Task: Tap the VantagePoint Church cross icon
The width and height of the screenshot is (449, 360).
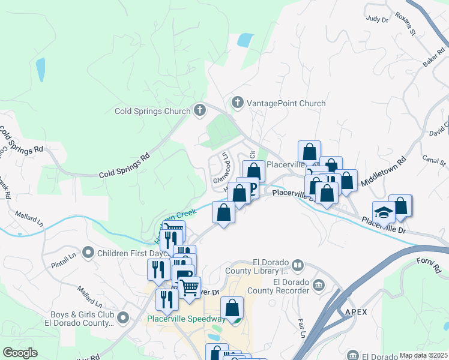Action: pyautogui.click(x=238, y=103)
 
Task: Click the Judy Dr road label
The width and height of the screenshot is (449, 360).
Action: pyautogui.click(x=377, y=19)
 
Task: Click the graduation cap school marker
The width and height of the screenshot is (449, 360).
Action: pyautogui.click(x=384, y=212)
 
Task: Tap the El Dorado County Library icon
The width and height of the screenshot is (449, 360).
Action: pyautogui.click(x=298, y=265)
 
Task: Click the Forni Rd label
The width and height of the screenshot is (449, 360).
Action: pyautogui.click(x=428, y=266)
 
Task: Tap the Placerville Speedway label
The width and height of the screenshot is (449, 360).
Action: pyautogui.click(x=185, y=319)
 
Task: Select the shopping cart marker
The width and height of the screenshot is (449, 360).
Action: pyautogui.click(x=189, y=287)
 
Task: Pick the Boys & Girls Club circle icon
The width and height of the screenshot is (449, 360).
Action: pyautogui.click(x=124, y=316)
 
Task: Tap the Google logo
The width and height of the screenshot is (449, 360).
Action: pyautogui.click(x=20, y=353)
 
